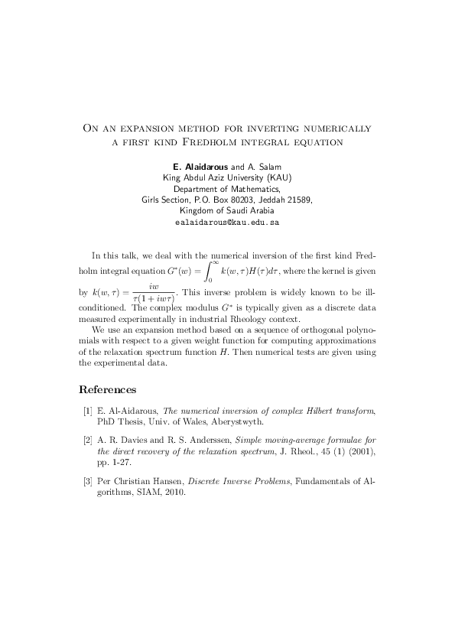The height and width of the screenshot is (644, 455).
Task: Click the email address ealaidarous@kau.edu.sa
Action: (x=227, y=222)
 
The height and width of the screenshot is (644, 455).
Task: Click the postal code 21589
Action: (x=297, y=200)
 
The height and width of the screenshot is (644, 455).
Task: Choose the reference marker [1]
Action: (x=87, y=411)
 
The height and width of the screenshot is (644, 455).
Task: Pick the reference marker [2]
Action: (x=87, y=441)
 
